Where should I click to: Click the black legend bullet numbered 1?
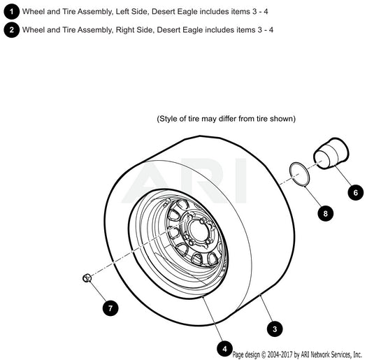click(x=11, y=11)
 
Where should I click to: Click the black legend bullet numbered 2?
click(x=11, y=30)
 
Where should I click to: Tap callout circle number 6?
click(x=356, y=193)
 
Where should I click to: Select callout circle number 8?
click(x=325, y=213)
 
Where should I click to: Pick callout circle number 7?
click(x=110, y=308)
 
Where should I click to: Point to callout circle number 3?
click(x=275, y=329)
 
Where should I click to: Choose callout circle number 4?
click(x=224, y=349)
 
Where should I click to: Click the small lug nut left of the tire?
click(x=87, y=278)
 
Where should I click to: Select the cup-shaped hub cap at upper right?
click(x=331, y=153)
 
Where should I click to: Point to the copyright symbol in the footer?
click(x=264, y=354)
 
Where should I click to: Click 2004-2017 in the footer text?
click(x=280, y=354)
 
